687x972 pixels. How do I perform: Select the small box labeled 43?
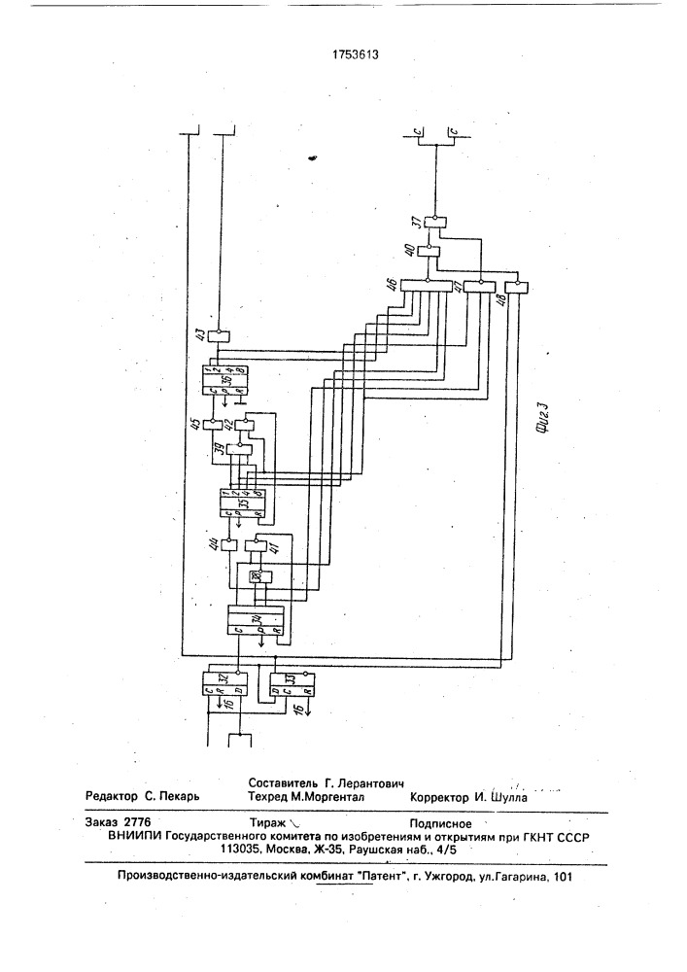(x=221, y=335)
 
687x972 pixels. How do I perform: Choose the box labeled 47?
(x=477, y=286)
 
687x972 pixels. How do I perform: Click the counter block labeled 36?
(x=224, y=379)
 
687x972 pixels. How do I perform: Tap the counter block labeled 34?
(x=256, y=619)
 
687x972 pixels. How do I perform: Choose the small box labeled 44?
(x=230, y=544)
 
